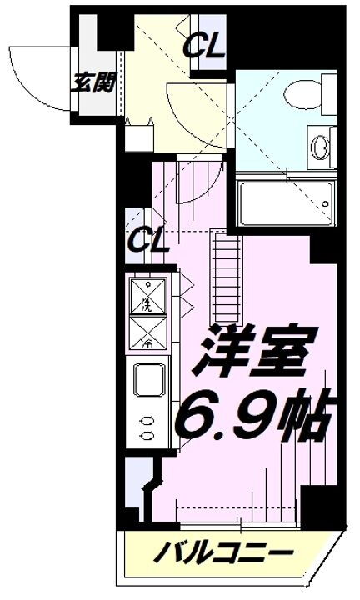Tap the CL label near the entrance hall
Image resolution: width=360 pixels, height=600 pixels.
tap(205, 47)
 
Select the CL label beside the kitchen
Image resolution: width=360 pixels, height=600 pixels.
tap(148, 243)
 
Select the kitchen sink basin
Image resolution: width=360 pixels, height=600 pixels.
tap(151, 384)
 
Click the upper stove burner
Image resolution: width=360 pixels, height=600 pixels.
tap(147, 421)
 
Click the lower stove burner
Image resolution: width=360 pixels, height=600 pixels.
tap(147, 435)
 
